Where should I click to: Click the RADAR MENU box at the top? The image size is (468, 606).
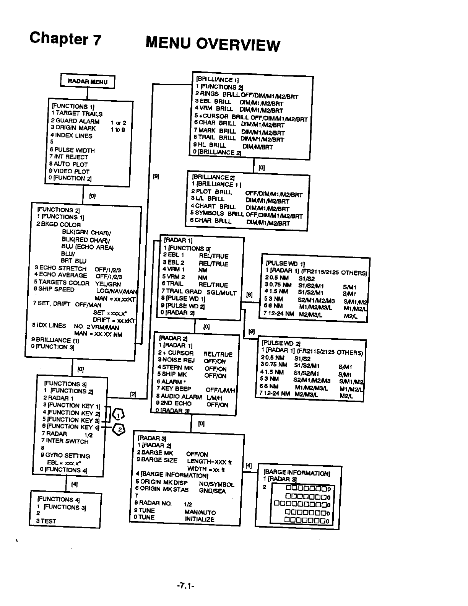click(x=88, y=81)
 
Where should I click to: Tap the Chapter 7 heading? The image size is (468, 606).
click(x=65, y=39)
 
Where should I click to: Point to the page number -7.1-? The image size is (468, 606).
click(x=186, y=585)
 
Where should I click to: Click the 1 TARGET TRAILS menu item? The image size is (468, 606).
click(x=76, y=114)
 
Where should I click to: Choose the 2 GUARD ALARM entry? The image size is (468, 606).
click(x=75, y=121)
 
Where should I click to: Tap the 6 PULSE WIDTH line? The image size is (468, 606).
click(x=72, y=150)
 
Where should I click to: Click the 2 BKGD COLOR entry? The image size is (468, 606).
click(x=58, y=225)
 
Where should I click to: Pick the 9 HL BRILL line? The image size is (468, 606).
click(x=210, y=145)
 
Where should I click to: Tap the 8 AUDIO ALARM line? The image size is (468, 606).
click(x=179, y=397)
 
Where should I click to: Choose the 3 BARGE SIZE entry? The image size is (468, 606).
click(x=157, y=460)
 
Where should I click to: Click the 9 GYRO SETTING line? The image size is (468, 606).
click(x=65, y=456)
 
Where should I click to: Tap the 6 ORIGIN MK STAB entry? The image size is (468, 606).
click(x=162, y=489)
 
